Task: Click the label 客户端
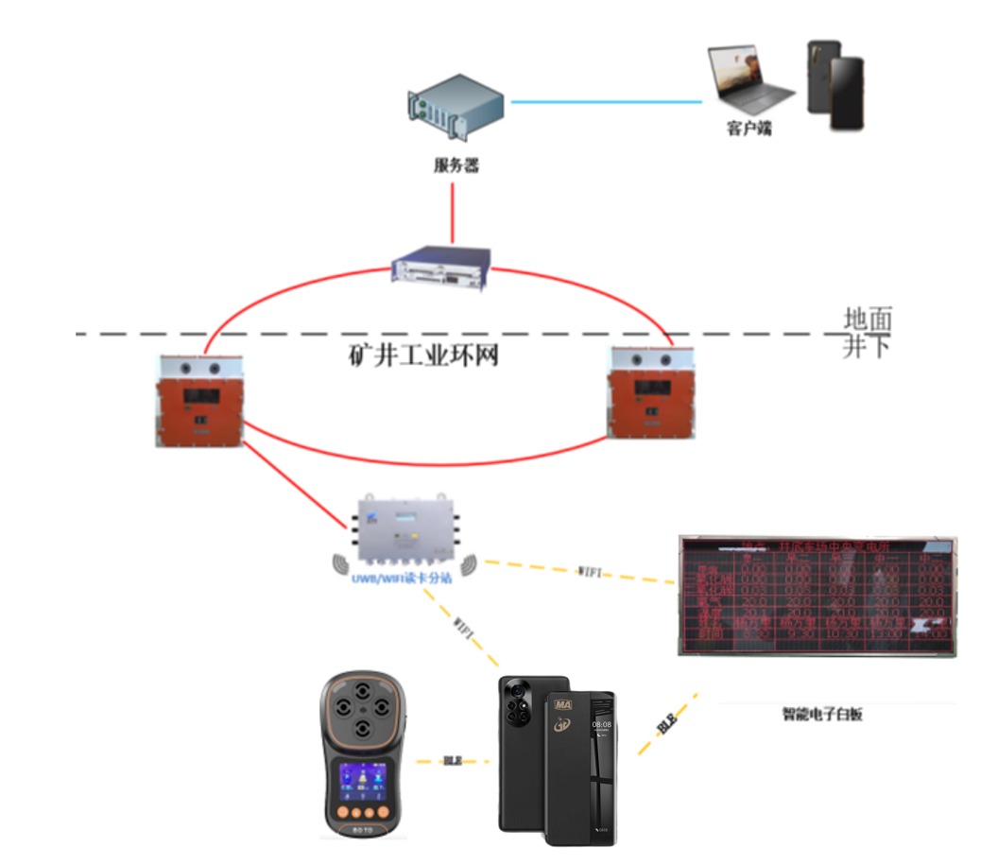(749, 128)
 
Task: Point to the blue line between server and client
(605, 101)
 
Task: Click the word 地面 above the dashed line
(867, 320)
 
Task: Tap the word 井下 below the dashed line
(867, 347)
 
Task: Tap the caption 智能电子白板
(822, 715)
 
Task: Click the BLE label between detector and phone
(454, 760)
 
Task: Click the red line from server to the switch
(453, 213)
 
